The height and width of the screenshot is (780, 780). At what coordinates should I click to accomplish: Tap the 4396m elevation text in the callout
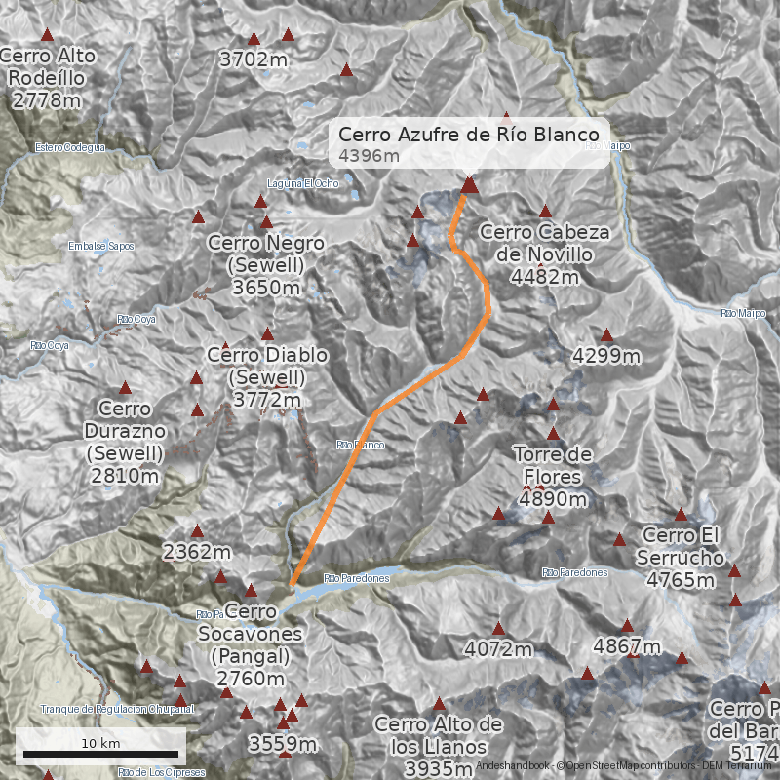[370, 156]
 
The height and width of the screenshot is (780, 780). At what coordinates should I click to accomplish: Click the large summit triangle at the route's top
[470, 184]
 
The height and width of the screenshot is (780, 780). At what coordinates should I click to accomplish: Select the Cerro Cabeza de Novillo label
[544, 254]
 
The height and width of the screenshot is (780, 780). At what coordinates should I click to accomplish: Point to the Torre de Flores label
[553, 477]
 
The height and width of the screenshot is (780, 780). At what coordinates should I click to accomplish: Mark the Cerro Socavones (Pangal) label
[251, 644]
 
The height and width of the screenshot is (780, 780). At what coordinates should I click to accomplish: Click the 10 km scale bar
[101, 754]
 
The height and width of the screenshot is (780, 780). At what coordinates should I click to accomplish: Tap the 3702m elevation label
[253, 59]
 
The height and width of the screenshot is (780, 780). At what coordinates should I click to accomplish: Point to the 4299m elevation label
[606, 356]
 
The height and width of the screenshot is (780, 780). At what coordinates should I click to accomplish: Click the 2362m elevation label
[197, 553]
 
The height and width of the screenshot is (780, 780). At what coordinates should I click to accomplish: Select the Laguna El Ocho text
[302, 183]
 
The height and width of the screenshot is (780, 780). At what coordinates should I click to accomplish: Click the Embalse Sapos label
[101, 247]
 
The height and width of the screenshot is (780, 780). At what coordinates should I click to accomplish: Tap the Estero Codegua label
[69, 148]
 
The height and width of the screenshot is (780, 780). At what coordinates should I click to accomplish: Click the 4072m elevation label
[498, 648]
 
